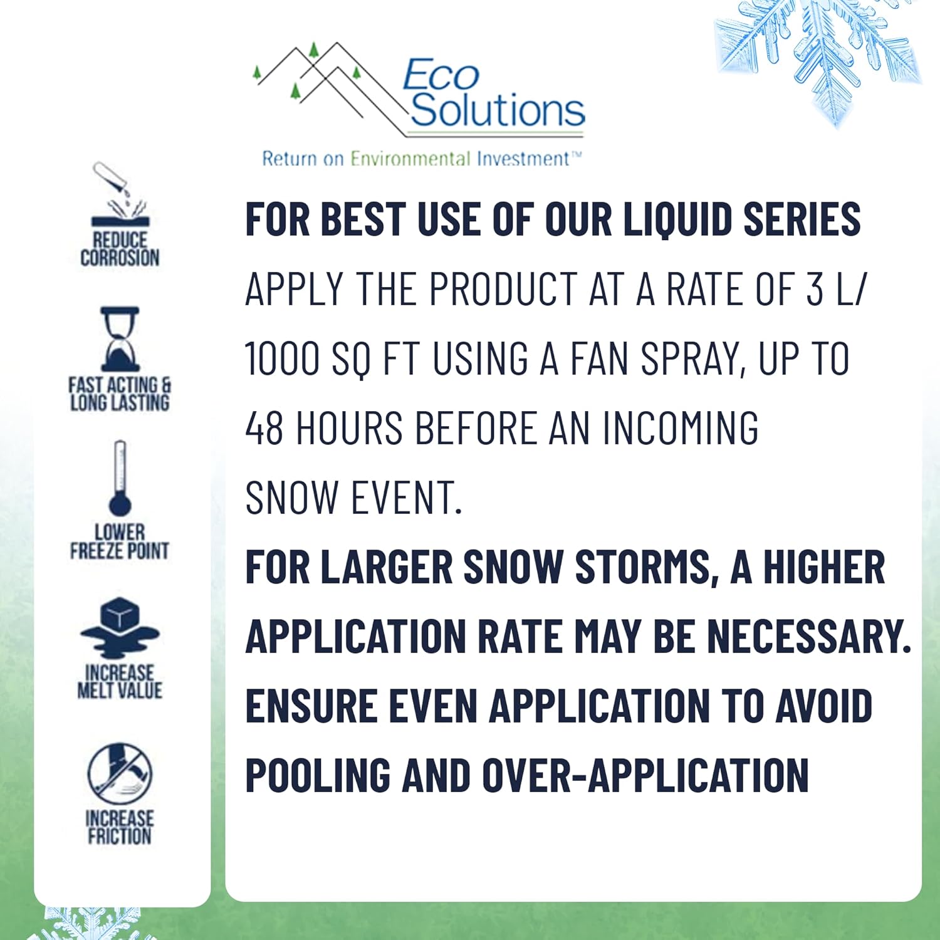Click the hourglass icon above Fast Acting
120,339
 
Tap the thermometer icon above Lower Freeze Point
120,479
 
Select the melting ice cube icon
120,627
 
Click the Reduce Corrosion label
120,249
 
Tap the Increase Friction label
120,827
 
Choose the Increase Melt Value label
120,681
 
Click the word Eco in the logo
441,76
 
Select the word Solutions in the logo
498,110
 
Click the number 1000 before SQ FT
283,359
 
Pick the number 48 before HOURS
264,429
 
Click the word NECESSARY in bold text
809,637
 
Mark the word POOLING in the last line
316,775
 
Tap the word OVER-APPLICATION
645,775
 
